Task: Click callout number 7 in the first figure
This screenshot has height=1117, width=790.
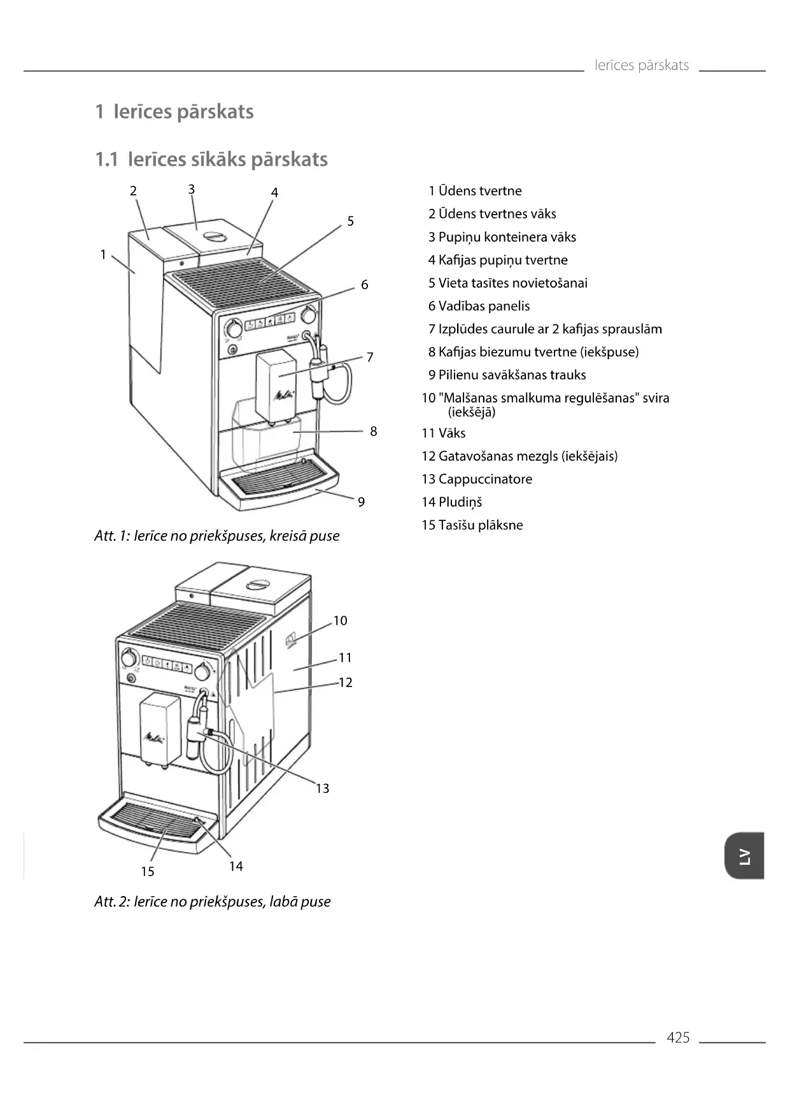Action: [x=370, y=357]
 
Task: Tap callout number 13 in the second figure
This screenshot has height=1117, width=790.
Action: [x=323, y=788]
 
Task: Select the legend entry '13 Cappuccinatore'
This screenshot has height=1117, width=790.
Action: [x=477, y=479]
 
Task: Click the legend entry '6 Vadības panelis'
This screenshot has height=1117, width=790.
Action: [x=479, y=306]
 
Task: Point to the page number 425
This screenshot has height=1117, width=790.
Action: [x=678, y=1037]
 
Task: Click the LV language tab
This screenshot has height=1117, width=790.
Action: [x=744, y=856]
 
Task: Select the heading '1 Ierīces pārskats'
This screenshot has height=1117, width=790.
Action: [x=174, y=111]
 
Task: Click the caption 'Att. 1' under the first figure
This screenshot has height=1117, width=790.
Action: [x=216, y=536]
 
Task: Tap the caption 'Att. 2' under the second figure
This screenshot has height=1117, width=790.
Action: [x=212, y=901]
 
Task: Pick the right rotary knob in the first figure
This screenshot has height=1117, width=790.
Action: [x=309, y=315]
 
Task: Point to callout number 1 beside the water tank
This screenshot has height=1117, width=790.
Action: [x=103, y=255]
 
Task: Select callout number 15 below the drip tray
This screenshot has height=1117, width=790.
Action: [x=148, y=871]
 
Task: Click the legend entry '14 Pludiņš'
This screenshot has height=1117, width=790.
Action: [x=451, y=502]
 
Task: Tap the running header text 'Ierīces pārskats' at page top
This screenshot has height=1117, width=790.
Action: [x=642, y=65]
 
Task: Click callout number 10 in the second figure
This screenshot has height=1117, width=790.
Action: [x=340, y=620]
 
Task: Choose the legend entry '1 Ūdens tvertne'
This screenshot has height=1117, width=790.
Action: [x=475, y=190]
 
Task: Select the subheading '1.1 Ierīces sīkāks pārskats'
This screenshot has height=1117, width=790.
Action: [x=211, y=159]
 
